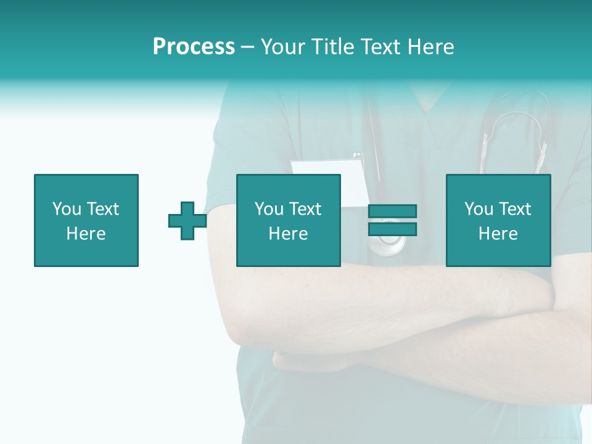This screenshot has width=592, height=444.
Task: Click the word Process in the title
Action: click(194, 47)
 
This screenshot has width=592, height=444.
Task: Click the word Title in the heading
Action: click(331, 47)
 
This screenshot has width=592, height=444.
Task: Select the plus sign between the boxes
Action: click(187, 221)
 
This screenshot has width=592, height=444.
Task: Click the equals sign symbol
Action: click(392, 220)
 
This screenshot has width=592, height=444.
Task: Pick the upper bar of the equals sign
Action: click(392, 212)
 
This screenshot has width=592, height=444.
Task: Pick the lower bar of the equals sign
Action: click(392, 229)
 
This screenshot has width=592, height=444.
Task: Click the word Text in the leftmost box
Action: click(102, 209)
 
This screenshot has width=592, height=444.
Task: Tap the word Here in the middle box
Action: click(289, 234)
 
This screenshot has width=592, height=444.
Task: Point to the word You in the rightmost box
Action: click(479, 209)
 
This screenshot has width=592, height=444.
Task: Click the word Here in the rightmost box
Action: click(498, 234)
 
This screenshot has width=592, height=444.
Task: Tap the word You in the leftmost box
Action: click(67, 209)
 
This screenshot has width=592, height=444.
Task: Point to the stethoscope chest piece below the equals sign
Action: click(391, 246)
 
